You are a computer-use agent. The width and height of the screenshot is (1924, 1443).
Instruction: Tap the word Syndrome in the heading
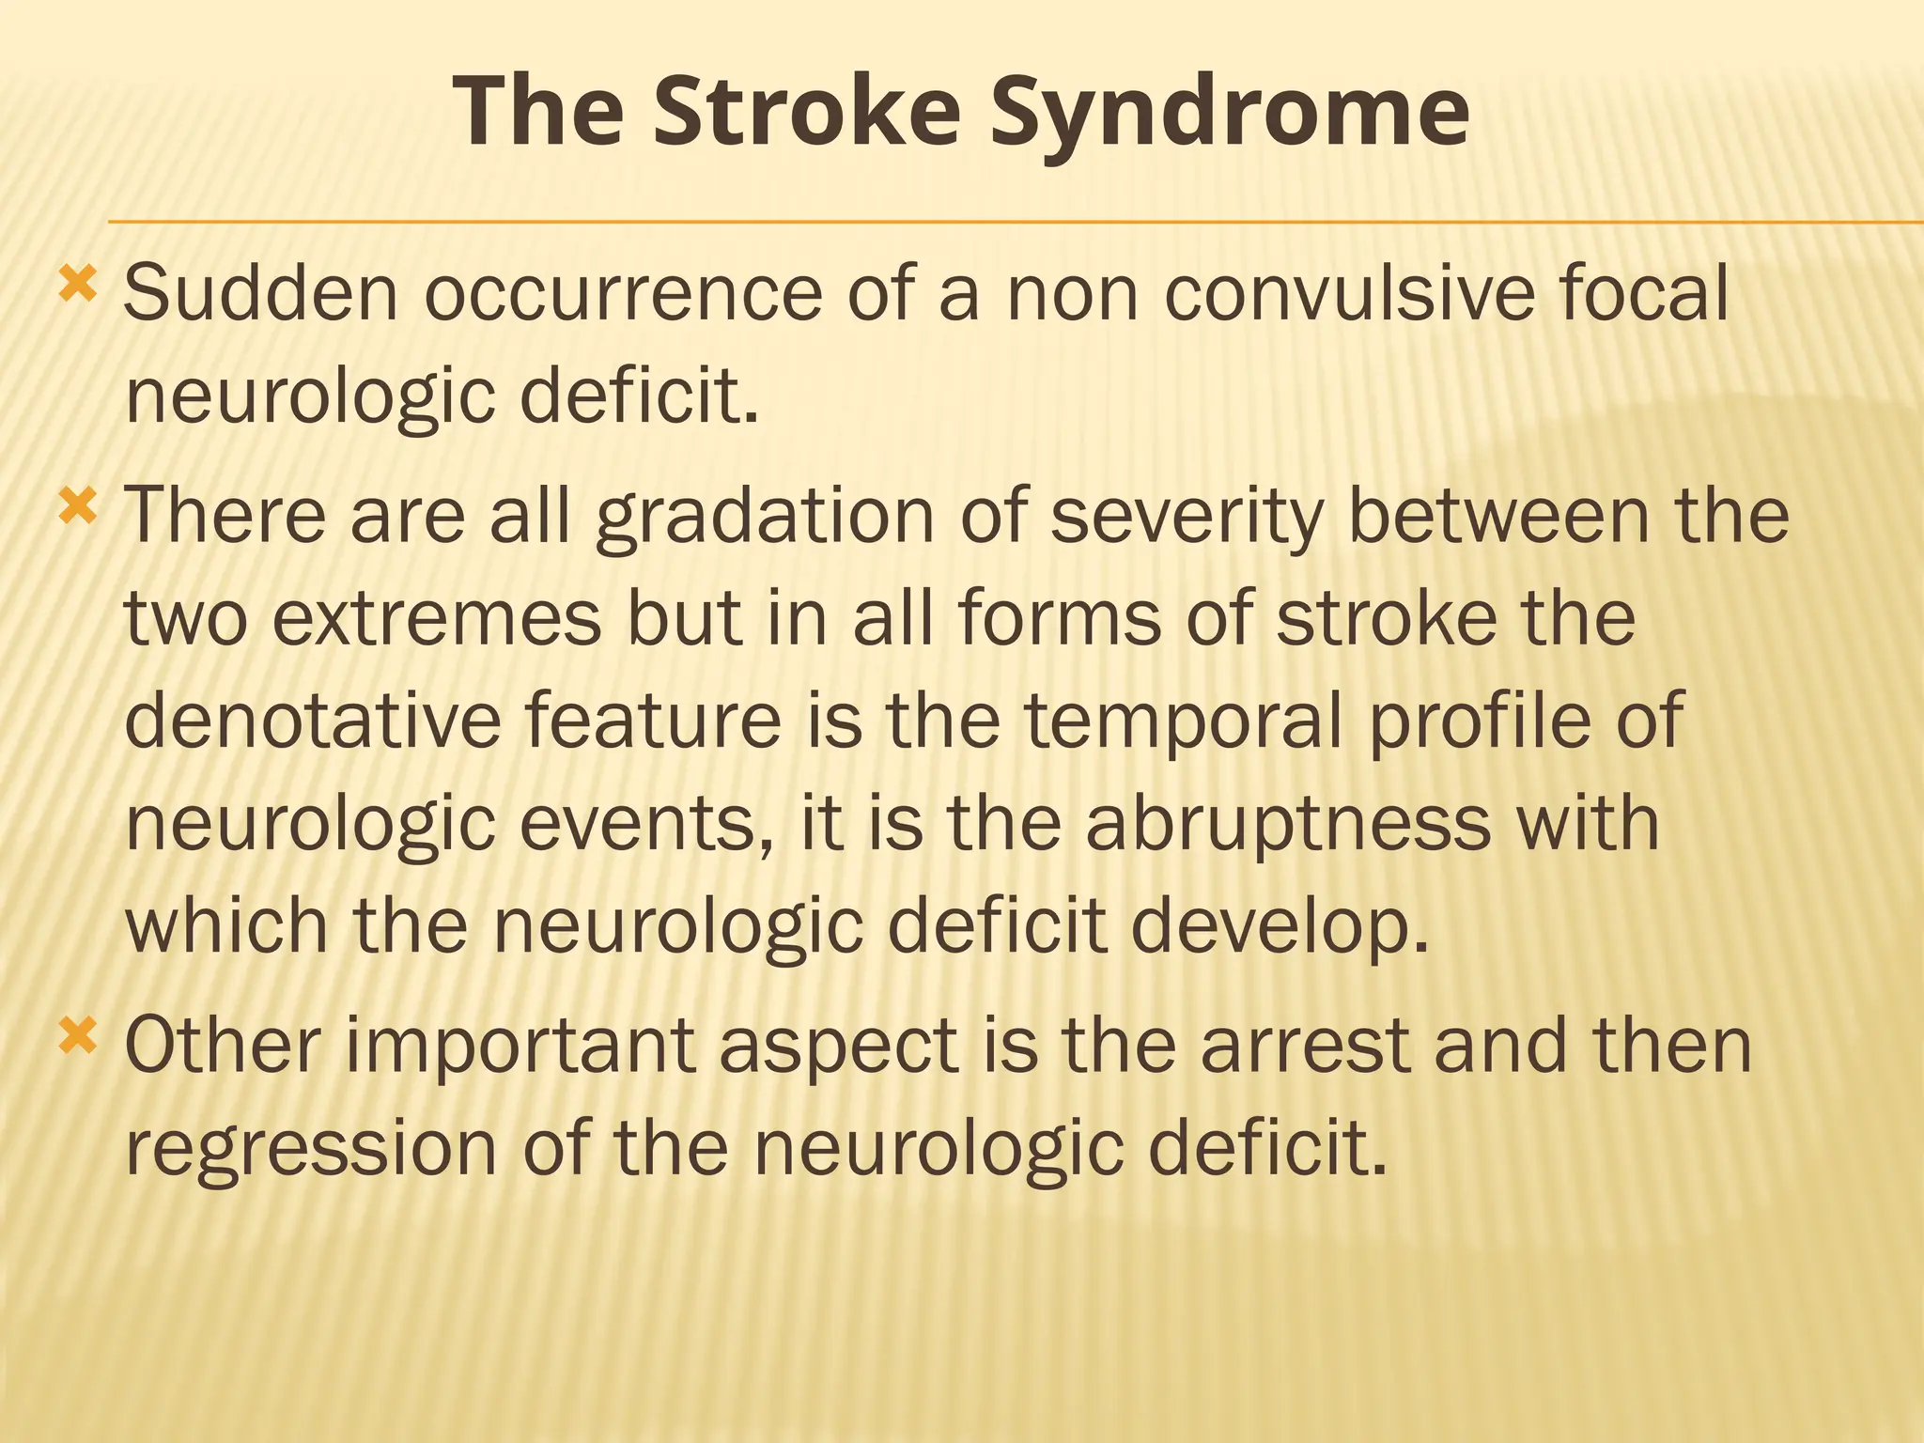(x=1230, y=115)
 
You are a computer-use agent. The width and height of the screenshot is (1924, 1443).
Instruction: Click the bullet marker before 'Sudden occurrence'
(x=77, y=284)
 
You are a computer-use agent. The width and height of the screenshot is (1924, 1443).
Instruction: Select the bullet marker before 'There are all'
(x=77, y=507)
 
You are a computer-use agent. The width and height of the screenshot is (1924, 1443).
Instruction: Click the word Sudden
(x=262, y=294)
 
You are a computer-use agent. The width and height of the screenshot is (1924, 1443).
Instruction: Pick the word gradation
(x=765, y=518)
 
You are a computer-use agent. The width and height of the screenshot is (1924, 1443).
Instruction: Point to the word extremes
(x=437, y=619)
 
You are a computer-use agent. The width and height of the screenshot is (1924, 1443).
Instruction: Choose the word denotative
(x=313, y=721)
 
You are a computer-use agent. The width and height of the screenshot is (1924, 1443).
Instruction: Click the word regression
(x=311, y=1149)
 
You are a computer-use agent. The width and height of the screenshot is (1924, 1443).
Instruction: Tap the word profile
(x=1479, y=721)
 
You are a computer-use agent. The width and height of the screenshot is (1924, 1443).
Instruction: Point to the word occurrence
(x=624, y=294)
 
